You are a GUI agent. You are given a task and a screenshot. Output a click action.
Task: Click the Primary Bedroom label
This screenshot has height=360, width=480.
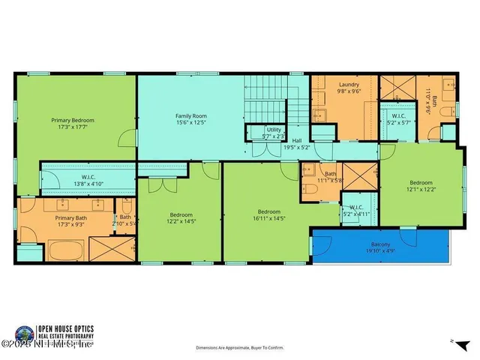point(73,119)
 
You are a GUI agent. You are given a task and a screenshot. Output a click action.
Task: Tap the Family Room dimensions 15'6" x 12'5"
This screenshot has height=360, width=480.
point(190,122)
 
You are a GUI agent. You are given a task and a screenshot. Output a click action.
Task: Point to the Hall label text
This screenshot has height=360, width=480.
point(296,140)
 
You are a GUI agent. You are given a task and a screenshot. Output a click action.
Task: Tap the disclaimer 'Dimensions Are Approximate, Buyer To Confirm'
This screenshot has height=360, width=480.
point(239,348)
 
